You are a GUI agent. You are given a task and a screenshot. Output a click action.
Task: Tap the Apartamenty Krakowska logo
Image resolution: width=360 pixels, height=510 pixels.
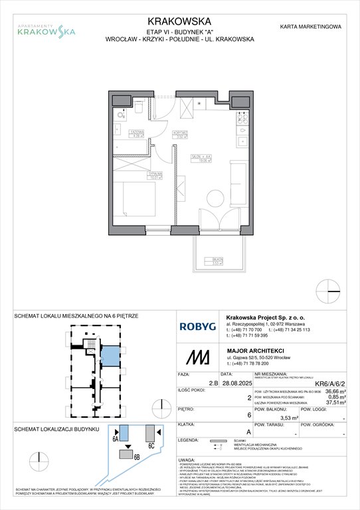pos(46,29)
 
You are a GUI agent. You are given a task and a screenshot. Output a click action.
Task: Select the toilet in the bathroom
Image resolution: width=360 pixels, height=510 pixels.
pos(141,104)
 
